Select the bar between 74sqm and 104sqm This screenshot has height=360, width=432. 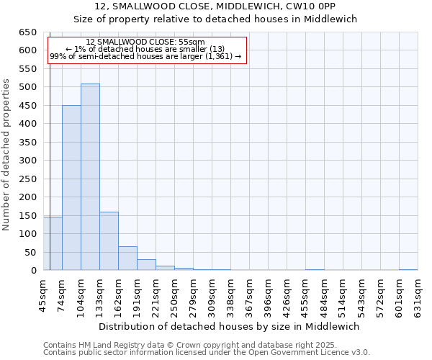71,188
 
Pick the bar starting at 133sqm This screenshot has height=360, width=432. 109,241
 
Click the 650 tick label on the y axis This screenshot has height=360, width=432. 28,32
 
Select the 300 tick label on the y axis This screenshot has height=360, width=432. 28,161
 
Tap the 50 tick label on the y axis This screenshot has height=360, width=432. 31,252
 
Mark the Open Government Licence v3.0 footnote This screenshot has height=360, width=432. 207,352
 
